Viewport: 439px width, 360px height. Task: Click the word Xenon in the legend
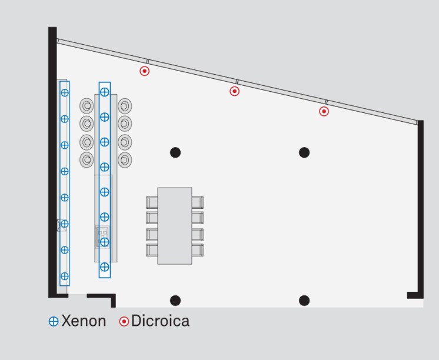(x=84, y=321)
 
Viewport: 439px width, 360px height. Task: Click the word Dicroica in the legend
(x=160, y=321)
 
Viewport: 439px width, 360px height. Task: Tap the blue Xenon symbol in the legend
(x=54, y=322)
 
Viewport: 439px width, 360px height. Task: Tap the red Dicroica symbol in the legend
(x=124, y=322)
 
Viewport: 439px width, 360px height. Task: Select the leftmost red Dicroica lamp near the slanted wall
(x=144, y=71)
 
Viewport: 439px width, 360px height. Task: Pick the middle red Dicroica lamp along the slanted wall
(x=234, y=91)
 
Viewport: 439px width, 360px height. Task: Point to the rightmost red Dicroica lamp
(x=324, y=111)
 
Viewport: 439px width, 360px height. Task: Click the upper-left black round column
(x=175, y=153)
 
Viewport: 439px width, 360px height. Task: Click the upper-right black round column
(x=304, y=153)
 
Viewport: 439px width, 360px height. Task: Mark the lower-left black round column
(x=175, y=301)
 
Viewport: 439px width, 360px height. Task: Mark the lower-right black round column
(x=304, y=301)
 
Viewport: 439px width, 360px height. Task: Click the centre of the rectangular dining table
(x=175, y=226)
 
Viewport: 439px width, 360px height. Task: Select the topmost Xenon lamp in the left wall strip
(x=65, y=92)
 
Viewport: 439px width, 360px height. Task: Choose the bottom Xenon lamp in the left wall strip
(x=65, y=276)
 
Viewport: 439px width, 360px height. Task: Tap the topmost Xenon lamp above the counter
(x=105, y=92)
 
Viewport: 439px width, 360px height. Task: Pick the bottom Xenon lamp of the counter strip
(x=105, y=267)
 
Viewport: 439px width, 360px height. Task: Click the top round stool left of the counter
(x=87, y=106)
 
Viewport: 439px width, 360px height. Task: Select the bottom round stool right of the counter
(x=124, y=159)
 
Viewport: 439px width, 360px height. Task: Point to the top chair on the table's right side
(x=197, y=202)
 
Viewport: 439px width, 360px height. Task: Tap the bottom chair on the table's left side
(x=152, y=249)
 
